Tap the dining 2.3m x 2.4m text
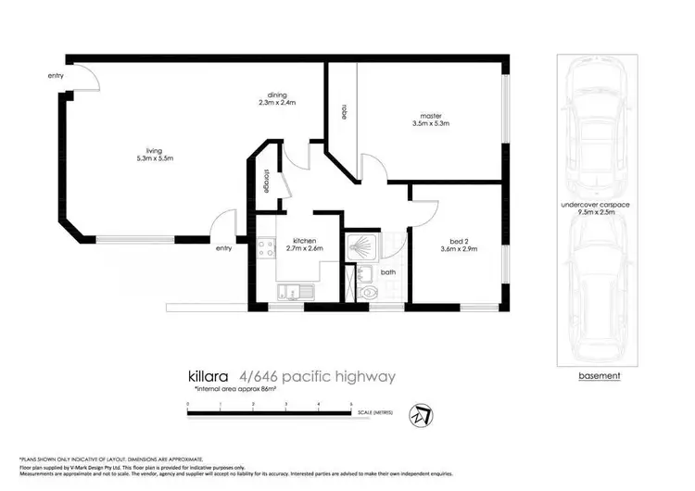click(276, 99)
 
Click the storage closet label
click(266, 179)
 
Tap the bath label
click(387, 272)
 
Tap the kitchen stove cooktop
click(265, 248)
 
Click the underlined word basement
click(599, 375)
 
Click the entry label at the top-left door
click(56, 76)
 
